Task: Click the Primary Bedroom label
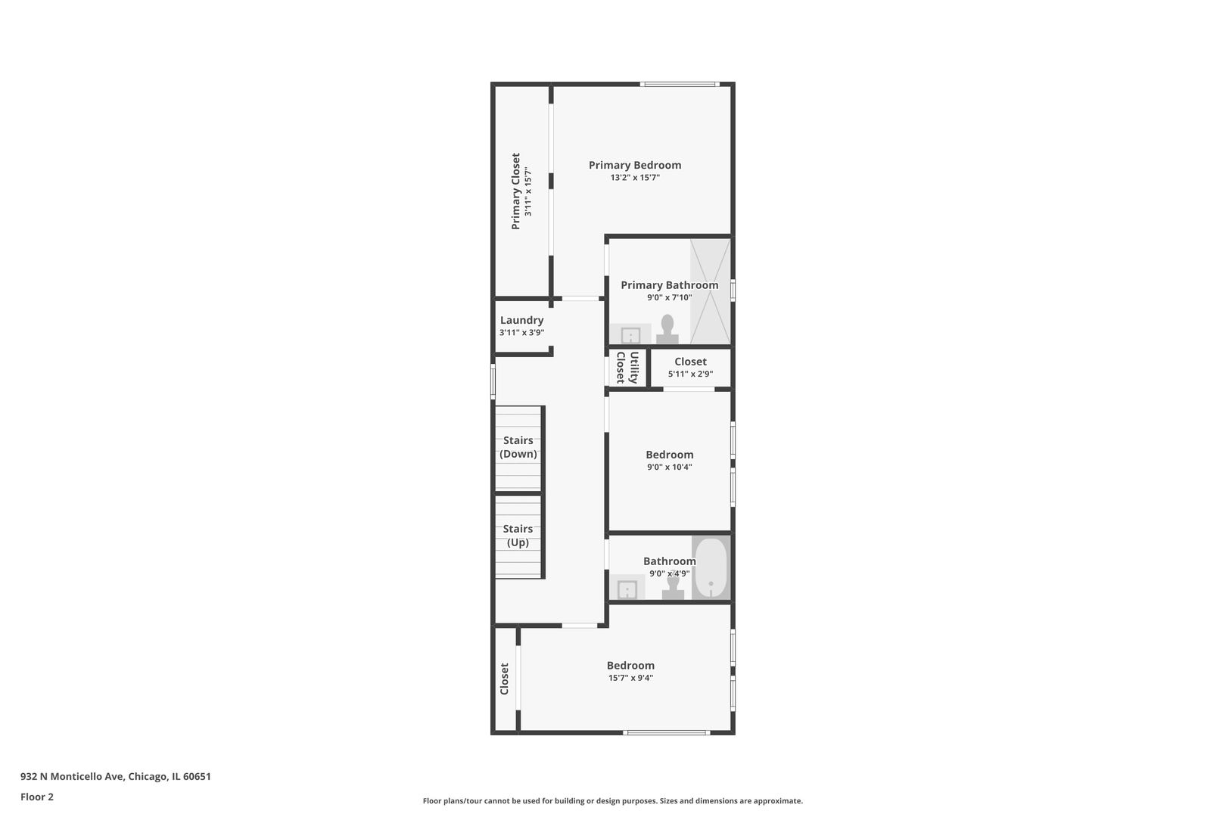tap(635, 165)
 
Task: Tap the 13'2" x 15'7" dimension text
tap(635, 177)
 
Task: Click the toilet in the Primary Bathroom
tap(667, 329)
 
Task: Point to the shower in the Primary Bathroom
tap(711, 291)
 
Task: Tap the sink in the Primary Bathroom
tap(630, 334)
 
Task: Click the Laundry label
tap(521, 320)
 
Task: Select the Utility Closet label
tap(627, 368)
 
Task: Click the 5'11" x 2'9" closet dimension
tap(690, 374)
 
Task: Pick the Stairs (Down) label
tap(518, 447)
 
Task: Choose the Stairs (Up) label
tap(518, 536)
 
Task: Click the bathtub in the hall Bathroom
tap(711, 568)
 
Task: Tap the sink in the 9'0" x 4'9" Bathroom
tap(627, 587)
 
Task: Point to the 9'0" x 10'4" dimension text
tap(669, 467)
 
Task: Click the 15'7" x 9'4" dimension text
tap(630, 678)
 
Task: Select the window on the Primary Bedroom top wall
tap(680, 84)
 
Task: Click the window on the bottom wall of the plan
tap(667, 732)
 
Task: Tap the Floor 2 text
tap(37, 797)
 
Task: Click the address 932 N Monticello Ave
tap(72, 776)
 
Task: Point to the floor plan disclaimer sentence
tap(612, 800)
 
